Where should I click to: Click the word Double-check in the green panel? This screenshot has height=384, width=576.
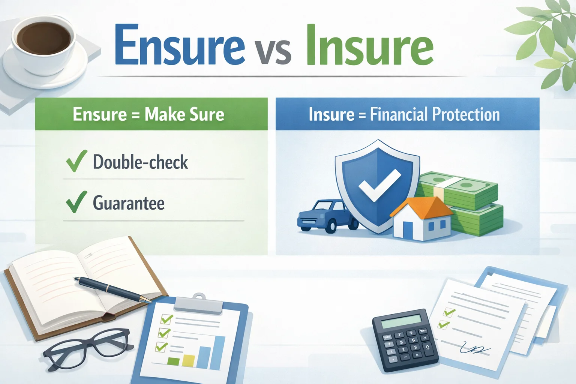pyautogui.click(x=140, y=162)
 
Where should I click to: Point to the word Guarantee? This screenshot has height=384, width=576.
pyautogui.click(x=129, y=203)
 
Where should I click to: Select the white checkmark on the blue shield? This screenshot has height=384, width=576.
pyautogui.click(x=379, y=184)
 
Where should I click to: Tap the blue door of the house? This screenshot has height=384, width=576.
pyautogui.click(x=408, y=229)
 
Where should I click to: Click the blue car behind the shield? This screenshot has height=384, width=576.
pyautogui.click(x=327, y=216)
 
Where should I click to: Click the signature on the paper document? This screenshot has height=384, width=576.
pyautogui.click(x=475, y=348)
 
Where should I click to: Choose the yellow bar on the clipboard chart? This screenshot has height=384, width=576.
pyautogui.click(x=189, y=360)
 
